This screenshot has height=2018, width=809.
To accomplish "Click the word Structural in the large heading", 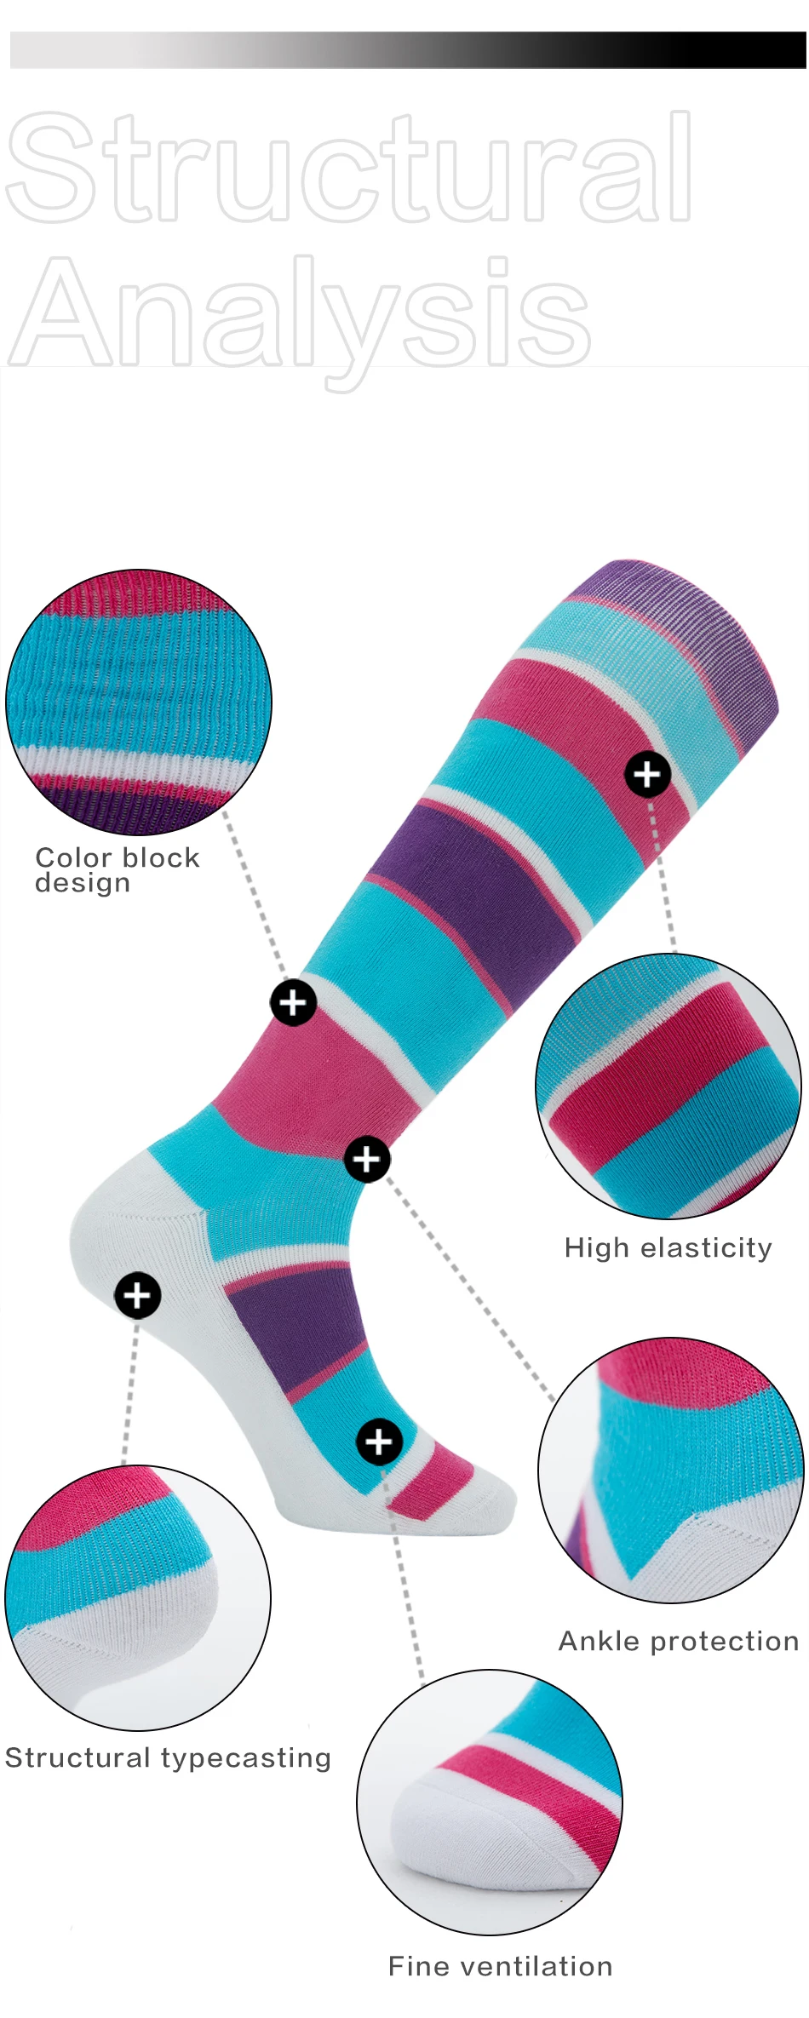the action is pos(349,166).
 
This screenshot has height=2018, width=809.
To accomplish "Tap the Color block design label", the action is pos(117,869).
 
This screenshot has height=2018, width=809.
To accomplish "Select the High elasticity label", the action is pos(668,1247).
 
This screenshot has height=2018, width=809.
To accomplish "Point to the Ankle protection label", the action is pos(678,1641).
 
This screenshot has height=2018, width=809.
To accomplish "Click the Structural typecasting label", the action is pos(168,1757).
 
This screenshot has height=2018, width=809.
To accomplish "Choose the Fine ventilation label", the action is pos(500,1966).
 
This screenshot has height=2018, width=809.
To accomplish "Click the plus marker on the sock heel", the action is pos(137,1295).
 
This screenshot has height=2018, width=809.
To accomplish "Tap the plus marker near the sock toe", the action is pos(379,1442).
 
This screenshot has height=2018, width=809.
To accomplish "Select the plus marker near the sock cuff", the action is pos(647,774).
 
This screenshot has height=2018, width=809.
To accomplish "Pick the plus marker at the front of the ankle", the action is pos(367,1159).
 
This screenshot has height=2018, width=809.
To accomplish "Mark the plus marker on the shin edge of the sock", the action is pos(293,1002).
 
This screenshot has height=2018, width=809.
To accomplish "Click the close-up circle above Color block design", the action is pos(139,702).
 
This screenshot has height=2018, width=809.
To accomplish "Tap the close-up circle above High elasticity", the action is pos(668,1086).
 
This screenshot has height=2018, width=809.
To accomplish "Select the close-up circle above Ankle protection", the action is pos(670,1471).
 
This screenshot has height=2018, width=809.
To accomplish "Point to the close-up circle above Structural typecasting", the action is pos(138,1598).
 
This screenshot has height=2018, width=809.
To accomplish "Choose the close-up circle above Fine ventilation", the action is pos(490,1803).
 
